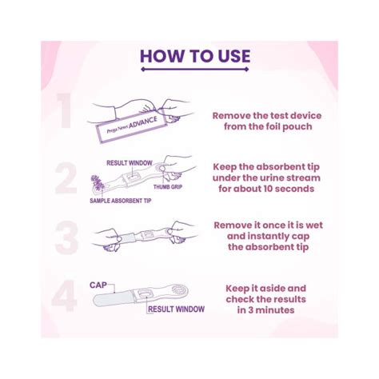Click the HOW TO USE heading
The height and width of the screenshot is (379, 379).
(195, 56)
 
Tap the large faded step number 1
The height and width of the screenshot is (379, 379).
(64, 110)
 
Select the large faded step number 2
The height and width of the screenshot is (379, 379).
(66, 178)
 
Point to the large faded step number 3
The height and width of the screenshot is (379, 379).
(66, 237)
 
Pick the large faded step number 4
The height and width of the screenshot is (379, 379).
(64, 296)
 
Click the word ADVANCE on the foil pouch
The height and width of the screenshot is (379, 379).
(143, 122)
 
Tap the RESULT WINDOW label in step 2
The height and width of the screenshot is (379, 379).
(130, 163)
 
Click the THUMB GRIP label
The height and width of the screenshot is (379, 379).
(168, 187)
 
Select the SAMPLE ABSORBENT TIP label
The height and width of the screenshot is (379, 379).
(121, 201)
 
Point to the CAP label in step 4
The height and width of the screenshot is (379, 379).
(98, 285)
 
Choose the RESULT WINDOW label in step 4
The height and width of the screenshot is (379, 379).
(177, 309)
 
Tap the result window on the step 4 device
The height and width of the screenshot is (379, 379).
(146, 293)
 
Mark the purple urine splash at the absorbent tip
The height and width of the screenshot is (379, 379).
(98, 182)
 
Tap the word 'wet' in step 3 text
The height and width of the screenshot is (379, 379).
(314, 225)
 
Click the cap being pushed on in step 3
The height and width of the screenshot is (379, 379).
(129, 237)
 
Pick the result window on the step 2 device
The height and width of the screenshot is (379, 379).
(131, 178)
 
